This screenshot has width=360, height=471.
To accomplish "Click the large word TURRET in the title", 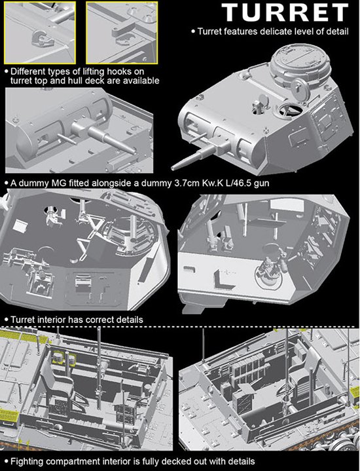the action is tap(285, 12).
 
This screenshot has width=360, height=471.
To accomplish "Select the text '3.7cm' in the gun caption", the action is tap(187, 183).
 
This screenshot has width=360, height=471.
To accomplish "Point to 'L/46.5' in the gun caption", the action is tap(236, 183).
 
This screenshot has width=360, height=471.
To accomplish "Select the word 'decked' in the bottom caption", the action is tap(185, 461).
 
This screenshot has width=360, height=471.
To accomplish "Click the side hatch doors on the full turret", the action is tap(327, 117).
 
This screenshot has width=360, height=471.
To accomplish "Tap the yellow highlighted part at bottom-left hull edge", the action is tap(9, 415).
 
